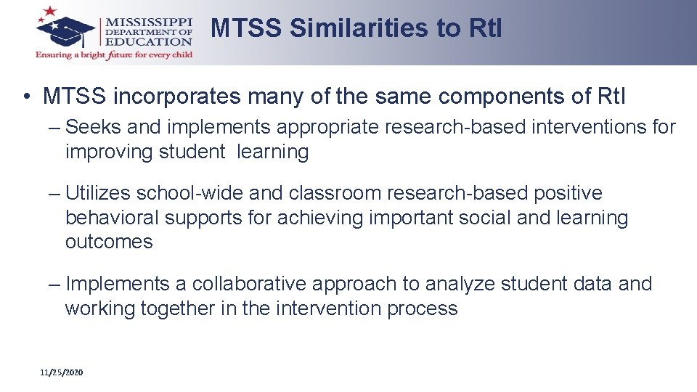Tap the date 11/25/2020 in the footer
pyautogui.click(x=62, y=372)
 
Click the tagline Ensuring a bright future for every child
pyautogui.click(x=114, y=55)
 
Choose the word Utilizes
pyautogui.click(x=98, y=193)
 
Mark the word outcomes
pyautogui.click(x=109, y=242)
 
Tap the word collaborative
pyautogui.click(x=252, y=284)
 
